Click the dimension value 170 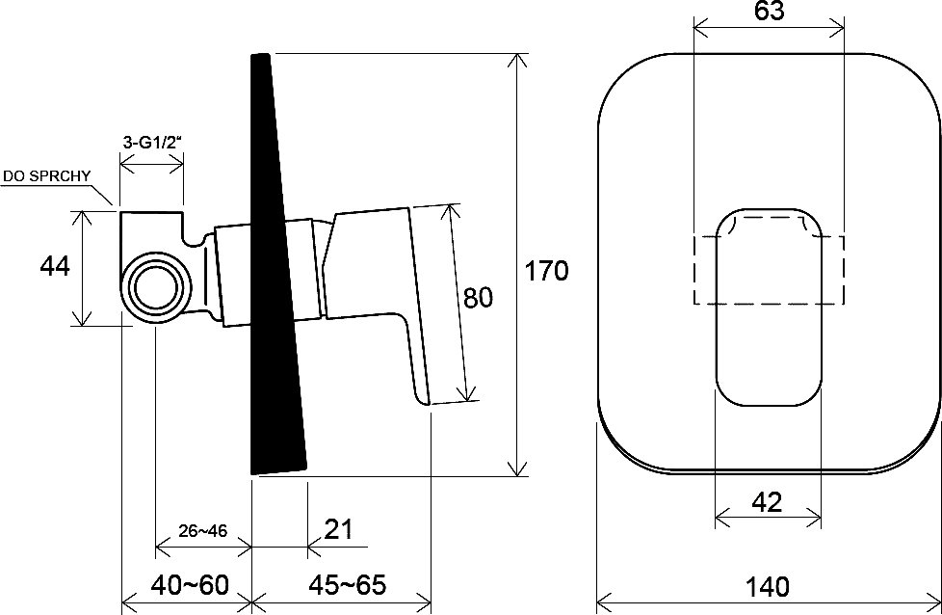547,271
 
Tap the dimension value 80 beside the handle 478,298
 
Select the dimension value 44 55,266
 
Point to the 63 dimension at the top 769,12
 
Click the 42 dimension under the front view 767,502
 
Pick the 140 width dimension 768,586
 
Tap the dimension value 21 339,529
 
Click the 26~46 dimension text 203,531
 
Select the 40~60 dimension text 189,585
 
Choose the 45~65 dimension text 348,584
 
